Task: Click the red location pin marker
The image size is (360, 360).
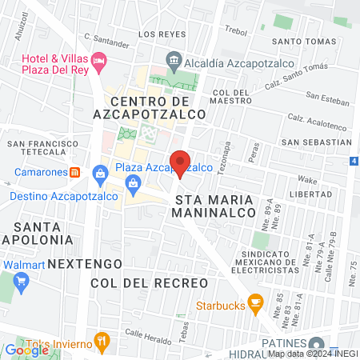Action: (180, 162)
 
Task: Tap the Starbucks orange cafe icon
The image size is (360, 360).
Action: (256, 303)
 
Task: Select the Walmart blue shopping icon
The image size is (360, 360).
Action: (21, 281)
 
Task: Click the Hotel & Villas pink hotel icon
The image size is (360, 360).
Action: (98, 60)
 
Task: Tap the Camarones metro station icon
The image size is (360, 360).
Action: (74, 172)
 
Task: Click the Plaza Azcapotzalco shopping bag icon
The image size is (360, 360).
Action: (101, 172)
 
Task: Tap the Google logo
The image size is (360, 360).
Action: (26, 350)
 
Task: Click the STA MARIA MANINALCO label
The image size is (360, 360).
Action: (214, 206)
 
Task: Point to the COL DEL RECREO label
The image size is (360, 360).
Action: (149, 283)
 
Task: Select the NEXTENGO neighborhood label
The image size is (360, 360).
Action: (85, 263)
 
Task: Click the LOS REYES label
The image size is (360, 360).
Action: (162, 35)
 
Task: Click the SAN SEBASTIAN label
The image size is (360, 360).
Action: (317, 142)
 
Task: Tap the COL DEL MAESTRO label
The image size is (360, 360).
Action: (231, 97)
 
